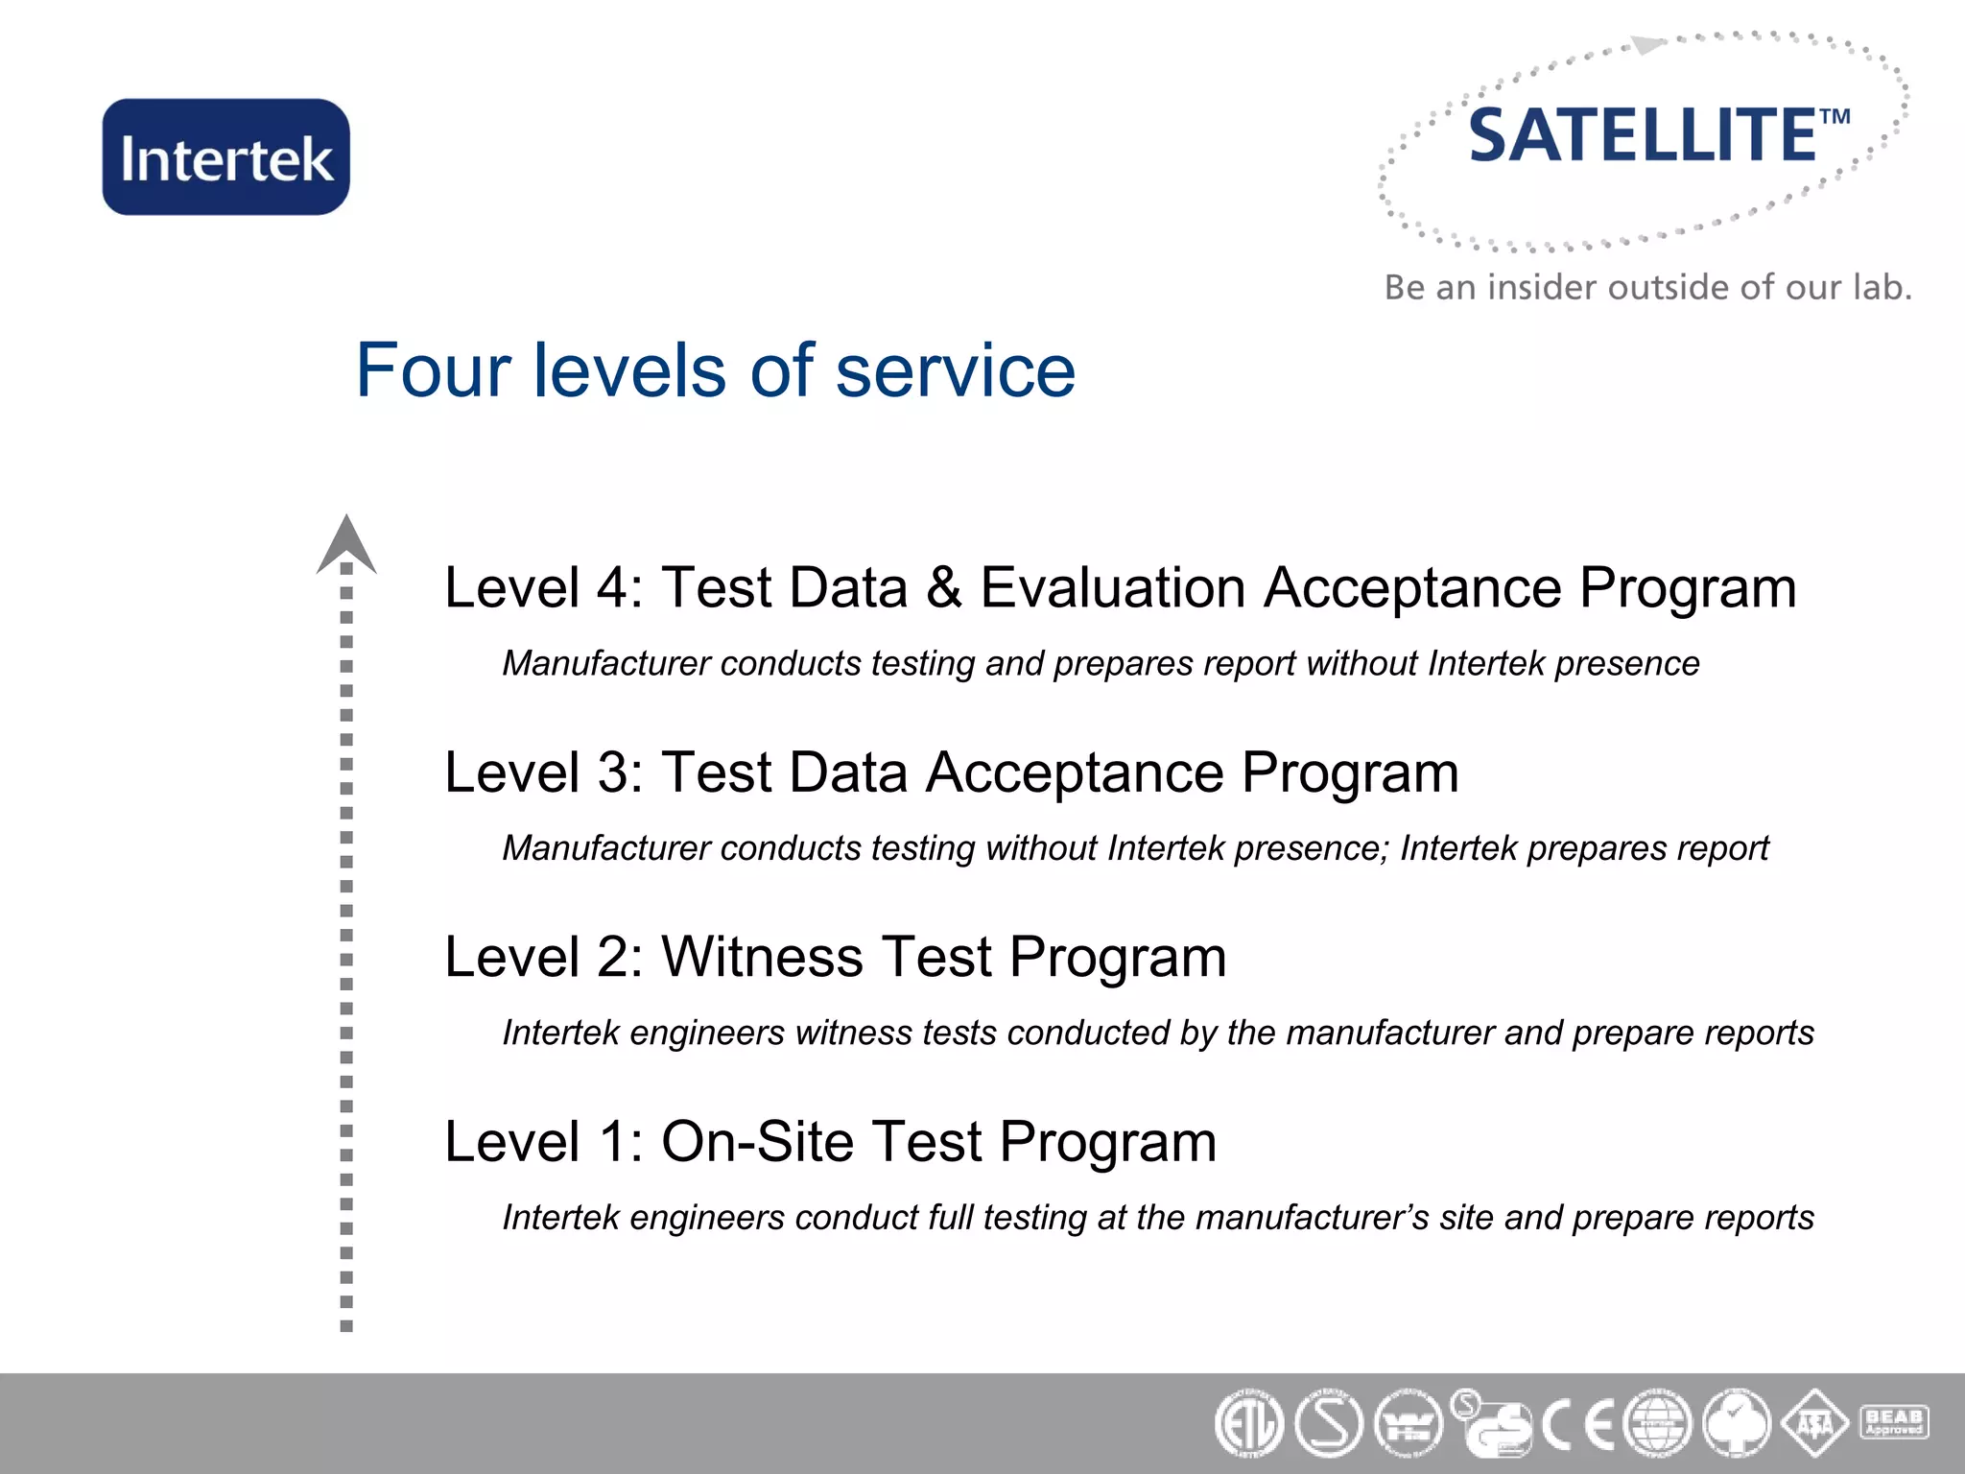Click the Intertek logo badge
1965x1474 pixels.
point(226,156)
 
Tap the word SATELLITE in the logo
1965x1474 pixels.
point(1642,135)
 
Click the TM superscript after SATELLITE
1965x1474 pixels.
point(1835,117)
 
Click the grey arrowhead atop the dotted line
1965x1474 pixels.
point(346,543)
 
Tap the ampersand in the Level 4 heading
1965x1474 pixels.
point(944,587)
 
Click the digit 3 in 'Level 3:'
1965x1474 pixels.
point(615,773)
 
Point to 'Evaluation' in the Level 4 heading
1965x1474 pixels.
point(1113,587)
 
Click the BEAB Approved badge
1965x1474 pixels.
point(1894,1421)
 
